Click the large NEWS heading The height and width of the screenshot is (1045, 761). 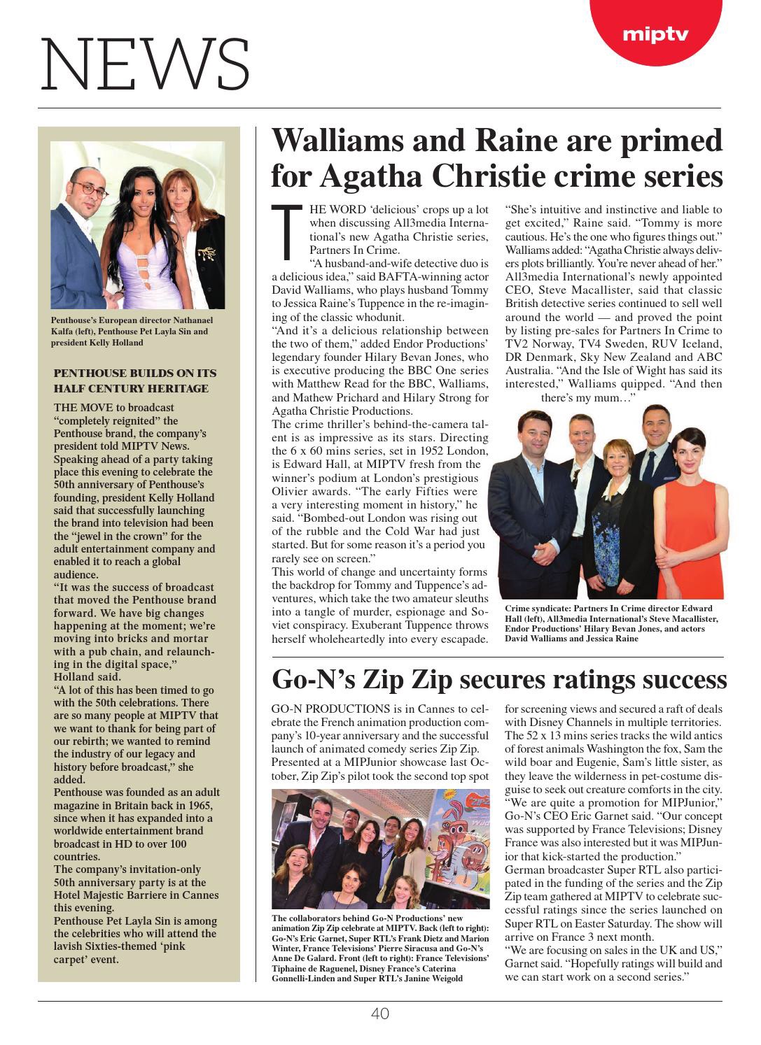click(x=145, y=66)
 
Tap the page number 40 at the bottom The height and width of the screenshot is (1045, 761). click(x=379, y=1014)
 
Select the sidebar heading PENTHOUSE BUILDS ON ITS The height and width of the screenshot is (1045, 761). click(x=135, y=373)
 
